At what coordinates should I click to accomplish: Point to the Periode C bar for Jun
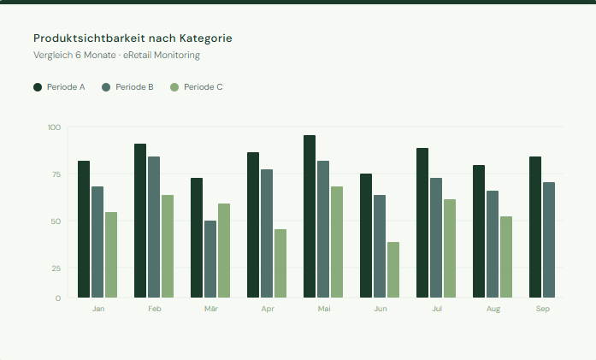(393, 269)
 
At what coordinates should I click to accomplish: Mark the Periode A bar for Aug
(479, 231)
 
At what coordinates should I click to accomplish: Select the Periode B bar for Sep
(549, 239)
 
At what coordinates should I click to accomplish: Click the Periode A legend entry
(59, 87)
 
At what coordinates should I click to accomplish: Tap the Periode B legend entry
(127, 87)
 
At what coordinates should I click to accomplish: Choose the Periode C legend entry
(197, 87)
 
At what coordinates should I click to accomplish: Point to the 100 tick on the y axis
(55, 127)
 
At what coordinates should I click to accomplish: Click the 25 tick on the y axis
(56, 269)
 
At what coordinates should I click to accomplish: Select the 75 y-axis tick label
(56, 174)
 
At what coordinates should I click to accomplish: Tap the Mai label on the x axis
(324, 308)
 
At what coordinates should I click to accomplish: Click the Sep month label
(543, 308)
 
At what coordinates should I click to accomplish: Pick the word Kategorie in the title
(204, 38)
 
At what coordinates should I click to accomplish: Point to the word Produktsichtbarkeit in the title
(89, 38)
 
